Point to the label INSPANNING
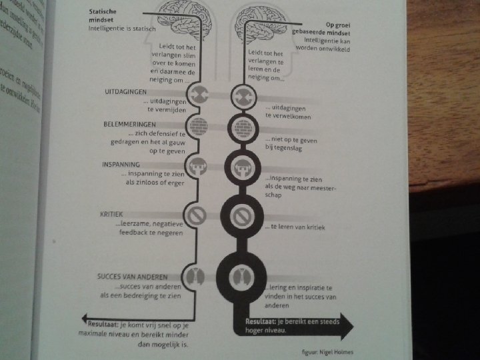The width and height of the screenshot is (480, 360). [x=121, y=164]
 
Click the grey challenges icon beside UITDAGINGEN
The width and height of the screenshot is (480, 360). [x=199, y=94]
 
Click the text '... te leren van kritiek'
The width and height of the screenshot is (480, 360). [x=294, y=227]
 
